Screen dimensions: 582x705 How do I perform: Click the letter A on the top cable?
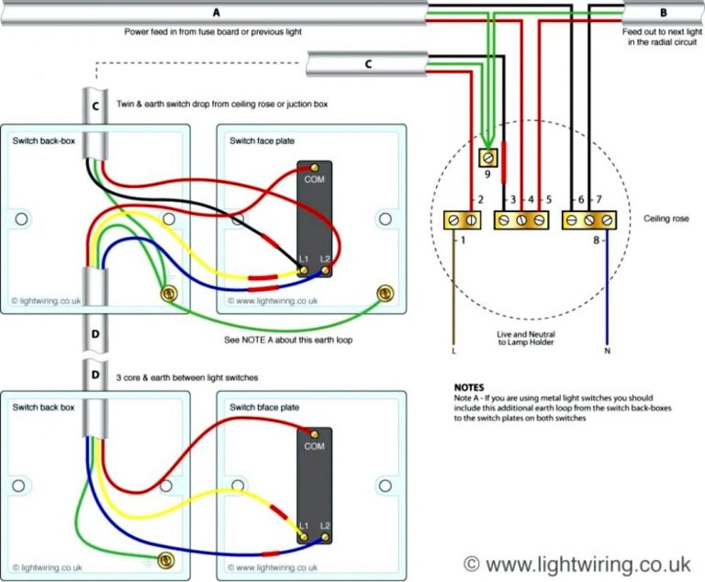(217, 13)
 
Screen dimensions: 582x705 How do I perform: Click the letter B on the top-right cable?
(664, 13)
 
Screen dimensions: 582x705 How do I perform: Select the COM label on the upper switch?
(314, 180)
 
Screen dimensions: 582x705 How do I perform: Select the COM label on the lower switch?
(314, 446)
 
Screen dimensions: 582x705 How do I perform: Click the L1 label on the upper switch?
(303, 260)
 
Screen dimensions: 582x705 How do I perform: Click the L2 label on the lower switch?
(325, 525)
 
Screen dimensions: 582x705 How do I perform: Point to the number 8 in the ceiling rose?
(596, 241)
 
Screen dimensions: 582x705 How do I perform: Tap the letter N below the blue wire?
(607, 351)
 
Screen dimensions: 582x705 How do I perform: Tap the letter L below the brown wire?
(453, 351)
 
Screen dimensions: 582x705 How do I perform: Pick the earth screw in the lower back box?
(167, 559)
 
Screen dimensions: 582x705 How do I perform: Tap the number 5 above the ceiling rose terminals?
(547, 199)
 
